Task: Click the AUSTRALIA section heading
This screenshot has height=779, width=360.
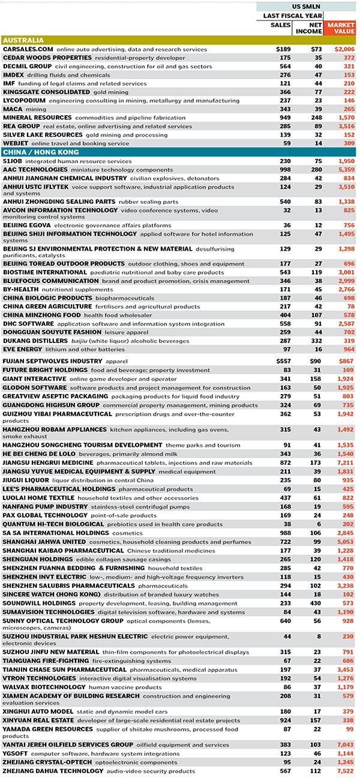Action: coord(23,40)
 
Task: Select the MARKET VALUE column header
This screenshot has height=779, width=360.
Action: coord(340,28)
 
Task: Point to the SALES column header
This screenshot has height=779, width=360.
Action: coord(281,25)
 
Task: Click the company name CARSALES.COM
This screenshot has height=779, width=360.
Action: coord(28,49)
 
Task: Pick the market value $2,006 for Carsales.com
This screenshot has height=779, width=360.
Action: coord(343,49)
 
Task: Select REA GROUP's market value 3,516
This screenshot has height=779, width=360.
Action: coord(345,127)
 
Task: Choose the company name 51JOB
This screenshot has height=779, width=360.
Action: coord(14,161)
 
